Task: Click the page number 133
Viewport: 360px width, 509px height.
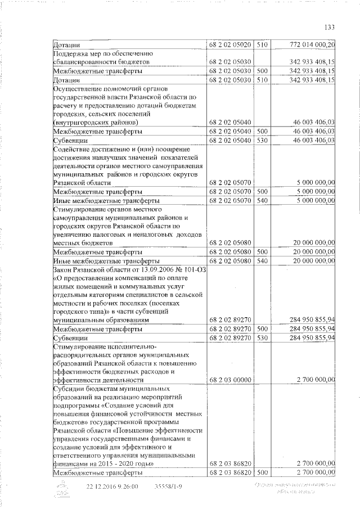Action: pos(330,28)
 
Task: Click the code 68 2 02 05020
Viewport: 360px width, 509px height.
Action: pos(231,44)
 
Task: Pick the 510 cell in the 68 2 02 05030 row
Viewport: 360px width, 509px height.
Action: pos(262,80)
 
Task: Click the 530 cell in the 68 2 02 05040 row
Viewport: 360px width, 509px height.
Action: pos(262,140)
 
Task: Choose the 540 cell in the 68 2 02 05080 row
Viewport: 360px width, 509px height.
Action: pos(262,262)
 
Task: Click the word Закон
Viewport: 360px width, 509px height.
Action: pos(62,270)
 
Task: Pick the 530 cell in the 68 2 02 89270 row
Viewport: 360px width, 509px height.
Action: pos(262,338)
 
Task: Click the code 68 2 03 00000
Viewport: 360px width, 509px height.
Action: pos(231,381)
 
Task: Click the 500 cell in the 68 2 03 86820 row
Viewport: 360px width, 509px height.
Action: pos(262,472)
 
